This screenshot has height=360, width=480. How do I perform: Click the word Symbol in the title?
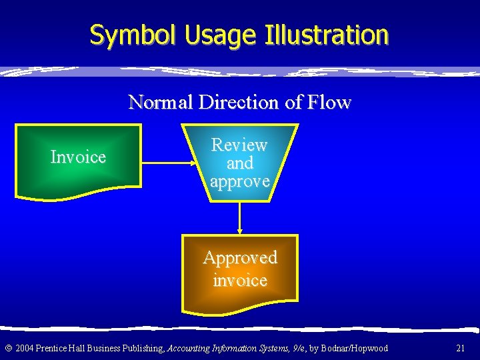[x=128, y=35]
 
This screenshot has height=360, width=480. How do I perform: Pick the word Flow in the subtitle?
[x=328, y=102]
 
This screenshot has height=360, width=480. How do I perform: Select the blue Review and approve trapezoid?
[x=239, y=163]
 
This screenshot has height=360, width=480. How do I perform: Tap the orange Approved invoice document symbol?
[x=239, y=270]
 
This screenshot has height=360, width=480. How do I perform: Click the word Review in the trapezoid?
[x=239, y=145]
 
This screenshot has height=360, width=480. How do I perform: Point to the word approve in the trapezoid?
[x=239, y=181]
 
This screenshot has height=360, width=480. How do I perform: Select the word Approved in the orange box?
[x=239, y=257]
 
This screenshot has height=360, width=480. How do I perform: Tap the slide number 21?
[x=460, y=348]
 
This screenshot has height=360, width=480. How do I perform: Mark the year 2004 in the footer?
[x=23, y=348]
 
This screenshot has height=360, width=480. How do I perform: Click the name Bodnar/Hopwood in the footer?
[x=355, y=348]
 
